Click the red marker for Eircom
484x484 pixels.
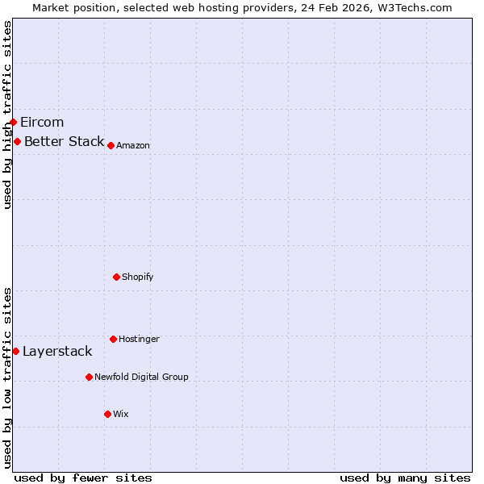click(14, 122)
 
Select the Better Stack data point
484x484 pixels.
click(17, 142)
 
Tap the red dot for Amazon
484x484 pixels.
click(111, 145)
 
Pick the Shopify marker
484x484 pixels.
click(116, 277)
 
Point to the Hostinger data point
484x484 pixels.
click(113, 339)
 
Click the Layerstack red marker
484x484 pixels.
click(15, 351)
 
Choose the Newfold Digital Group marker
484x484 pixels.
click(89, 377)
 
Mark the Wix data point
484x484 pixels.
click(107, 414)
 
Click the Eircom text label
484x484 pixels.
click(42, 123)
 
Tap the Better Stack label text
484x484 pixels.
click(64, 142)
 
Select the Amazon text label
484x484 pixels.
click(133, 146)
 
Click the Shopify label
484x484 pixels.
click(138, 277)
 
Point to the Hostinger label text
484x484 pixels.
click(139, 340)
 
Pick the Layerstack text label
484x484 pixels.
click(57, 352)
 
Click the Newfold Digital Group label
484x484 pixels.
click(141, 378)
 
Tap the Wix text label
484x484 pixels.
click(121, 415)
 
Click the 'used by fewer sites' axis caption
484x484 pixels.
click(83, 478)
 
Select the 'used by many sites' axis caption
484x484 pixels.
click(405, 478)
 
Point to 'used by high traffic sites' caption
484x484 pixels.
click(7, 115)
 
